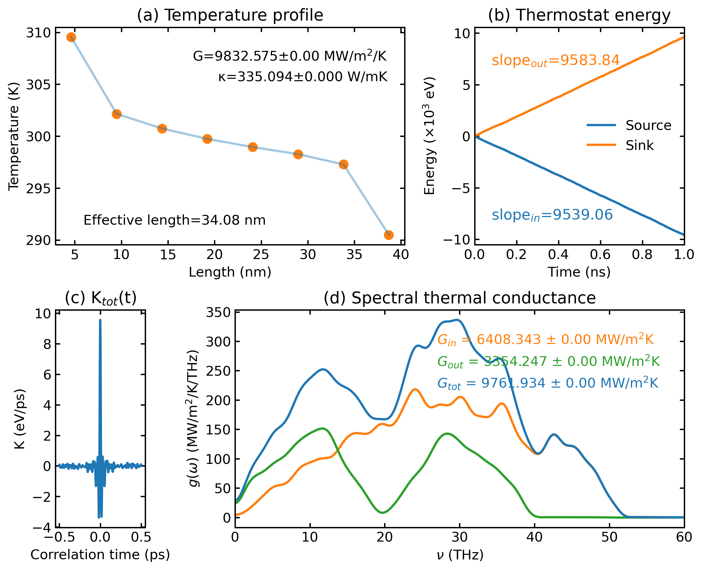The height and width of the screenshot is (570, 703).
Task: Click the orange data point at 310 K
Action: (x=71, y=37)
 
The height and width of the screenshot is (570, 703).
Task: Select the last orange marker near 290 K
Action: (x=388, y=235)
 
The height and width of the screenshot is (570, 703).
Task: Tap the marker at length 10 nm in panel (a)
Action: (x=117, y=114)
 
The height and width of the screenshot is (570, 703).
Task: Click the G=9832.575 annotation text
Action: (x=290, y=56)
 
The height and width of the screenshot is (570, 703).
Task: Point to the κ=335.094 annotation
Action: (x=303, y=77)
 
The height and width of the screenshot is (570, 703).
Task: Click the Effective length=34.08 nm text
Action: (x=174, y=220)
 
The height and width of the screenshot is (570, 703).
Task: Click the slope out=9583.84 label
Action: (x=555, y=60)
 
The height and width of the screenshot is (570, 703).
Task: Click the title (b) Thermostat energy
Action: (x=579, y=15)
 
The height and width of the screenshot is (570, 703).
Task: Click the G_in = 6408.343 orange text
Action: (x=546, y=339)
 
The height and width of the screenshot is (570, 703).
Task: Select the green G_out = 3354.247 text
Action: (x=549, y=362)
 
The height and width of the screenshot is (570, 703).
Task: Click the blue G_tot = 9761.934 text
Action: (x=548, y=383)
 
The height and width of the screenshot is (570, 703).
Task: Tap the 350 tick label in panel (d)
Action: (x=218, y=313)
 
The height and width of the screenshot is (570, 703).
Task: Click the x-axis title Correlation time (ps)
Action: (x=100, y=555)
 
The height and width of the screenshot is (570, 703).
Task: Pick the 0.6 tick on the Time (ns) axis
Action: (x=600, y=254)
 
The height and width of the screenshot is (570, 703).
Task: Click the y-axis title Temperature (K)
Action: (x=14, y=136)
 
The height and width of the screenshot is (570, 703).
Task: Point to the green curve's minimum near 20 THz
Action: (x=383, y=512)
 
